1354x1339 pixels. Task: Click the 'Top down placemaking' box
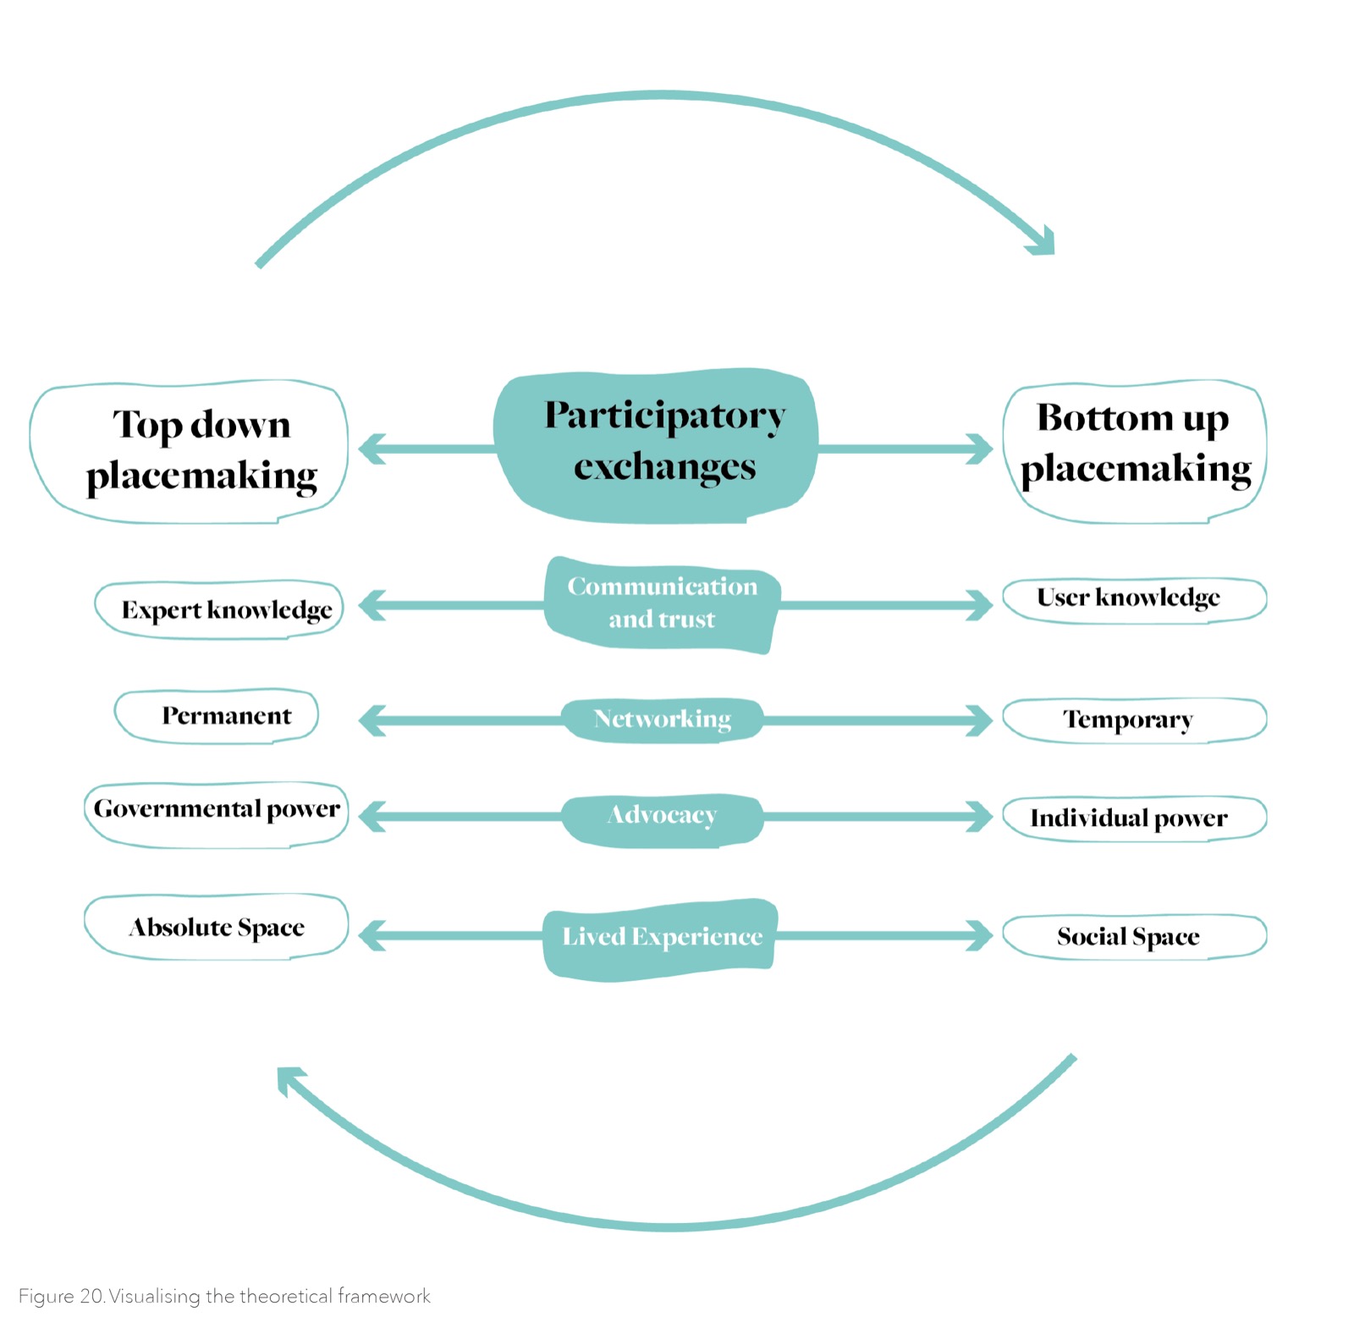pyautogui.click(x=189, y=452)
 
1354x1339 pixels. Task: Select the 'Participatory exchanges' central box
pyautogui.click(x=656, y=445)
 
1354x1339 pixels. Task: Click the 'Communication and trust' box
pyautogui.click(x=661, y=604)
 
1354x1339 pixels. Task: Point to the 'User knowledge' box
pyautogui.click(x=1134, y=599)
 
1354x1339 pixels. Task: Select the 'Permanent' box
pyautogui.click(x=217, y=716)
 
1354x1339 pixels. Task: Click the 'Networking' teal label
pyautogui.click(x=663, y=719)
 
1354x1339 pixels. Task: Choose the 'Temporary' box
pyautogui.click(x=1134, y=720)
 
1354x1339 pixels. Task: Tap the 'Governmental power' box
pyautogui.click(x=217, y=814)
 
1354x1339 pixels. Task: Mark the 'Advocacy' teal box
pyautogui.click(x=663, y=818)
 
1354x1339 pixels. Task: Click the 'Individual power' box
pyautogui.click(x=1134, y=818)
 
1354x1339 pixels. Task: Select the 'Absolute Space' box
pyautogui.click(x=217, y=927)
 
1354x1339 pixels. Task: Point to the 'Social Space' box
pyautogui.click(x=1134, y=937)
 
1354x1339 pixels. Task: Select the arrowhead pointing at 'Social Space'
pyautogui.click(x=981, y=936)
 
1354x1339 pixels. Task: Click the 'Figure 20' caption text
pyautogui.click(x=224, y=1296)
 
